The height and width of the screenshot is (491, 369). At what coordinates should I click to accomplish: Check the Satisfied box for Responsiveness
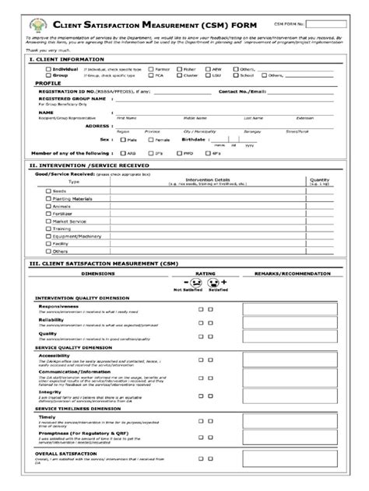coord(221,308)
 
